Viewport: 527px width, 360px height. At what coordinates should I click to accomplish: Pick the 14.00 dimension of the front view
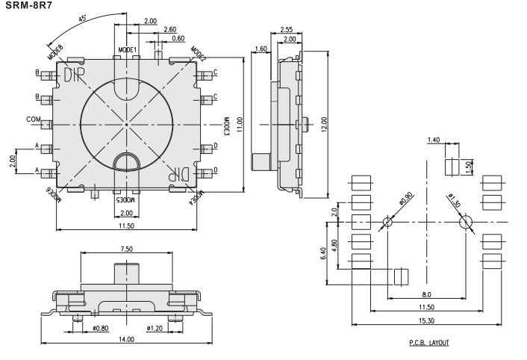125,339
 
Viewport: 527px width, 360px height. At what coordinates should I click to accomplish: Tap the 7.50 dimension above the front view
126,249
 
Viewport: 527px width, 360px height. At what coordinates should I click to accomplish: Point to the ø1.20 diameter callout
155,327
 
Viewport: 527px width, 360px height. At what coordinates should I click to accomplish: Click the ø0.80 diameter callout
100,327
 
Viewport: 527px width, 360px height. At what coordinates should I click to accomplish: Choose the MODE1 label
128,49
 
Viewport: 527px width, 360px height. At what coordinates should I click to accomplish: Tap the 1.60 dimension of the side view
261,49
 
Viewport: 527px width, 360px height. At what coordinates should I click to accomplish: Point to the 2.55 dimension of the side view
285,29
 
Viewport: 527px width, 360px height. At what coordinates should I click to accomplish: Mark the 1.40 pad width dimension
433,140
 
